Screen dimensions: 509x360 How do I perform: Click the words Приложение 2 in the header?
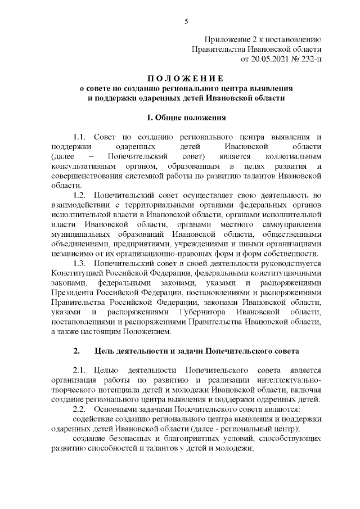pyautogui.click(x=228, y=39)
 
